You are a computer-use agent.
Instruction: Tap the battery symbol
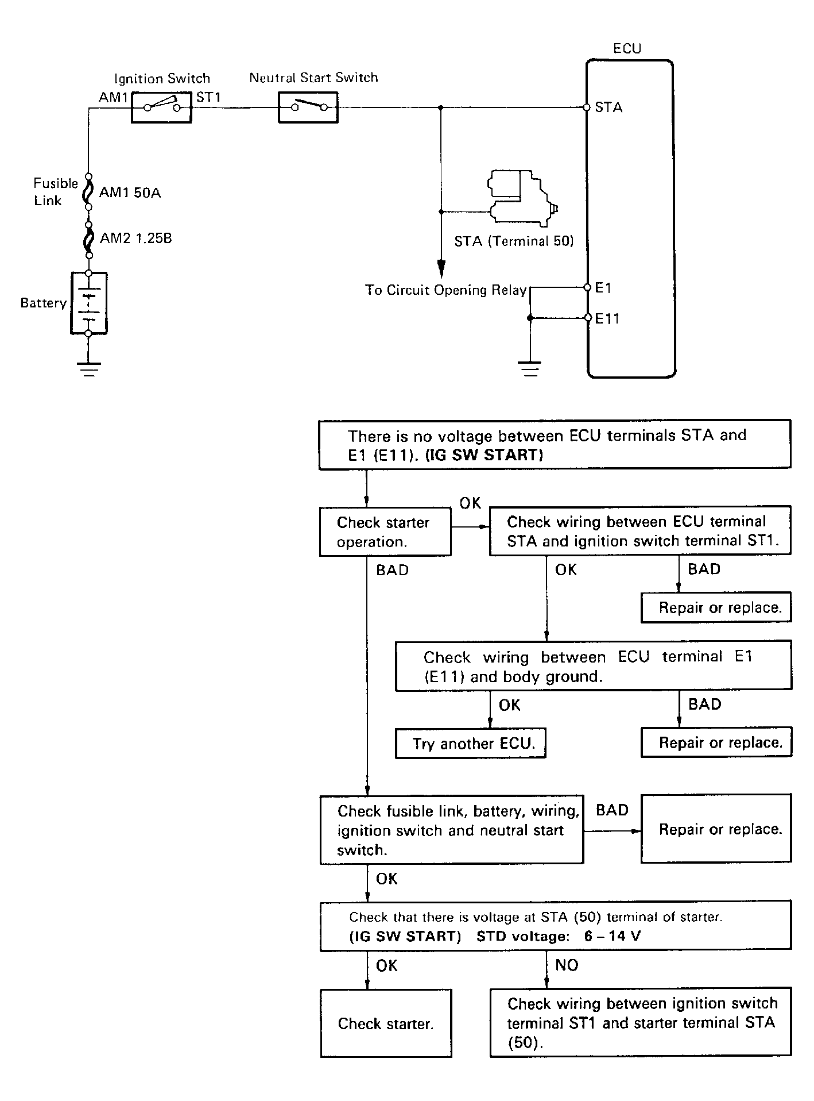[89, 303]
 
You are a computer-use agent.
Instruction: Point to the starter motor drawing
[522, 196]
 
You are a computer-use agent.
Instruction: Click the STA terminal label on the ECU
[608, 107]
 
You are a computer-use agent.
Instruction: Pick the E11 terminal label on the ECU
[607, 318]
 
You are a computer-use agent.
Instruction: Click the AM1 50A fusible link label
[130, 193]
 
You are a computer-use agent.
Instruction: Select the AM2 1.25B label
[136, 238]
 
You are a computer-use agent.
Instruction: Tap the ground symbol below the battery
[88, 369]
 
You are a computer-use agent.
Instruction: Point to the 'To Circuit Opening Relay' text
[446, 290]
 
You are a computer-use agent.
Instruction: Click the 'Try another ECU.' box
[471, 743]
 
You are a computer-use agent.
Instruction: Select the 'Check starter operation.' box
[385, 532]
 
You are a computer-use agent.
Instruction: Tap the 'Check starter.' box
[386, 1023]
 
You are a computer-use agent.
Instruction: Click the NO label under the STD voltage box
[567, 965]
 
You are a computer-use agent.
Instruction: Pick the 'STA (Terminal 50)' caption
[514, 241]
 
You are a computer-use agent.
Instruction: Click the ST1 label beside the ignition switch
[208, 97]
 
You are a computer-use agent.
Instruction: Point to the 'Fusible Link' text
[55, 192]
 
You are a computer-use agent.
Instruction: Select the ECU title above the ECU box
[627, 48]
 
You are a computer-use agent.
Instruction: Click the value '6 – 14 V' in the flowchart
[613, 936]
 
